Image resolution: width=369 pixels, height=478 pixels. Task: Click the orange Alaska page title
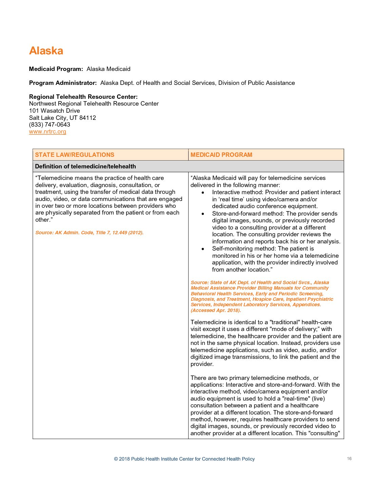46,51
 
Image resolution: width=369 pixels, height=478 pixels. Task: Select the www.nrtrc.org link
47,132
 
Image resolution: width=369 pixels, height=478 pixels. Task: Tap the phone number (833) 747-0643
50,125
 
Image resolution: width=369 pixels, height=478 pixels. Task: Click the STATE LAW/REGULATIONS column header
75,155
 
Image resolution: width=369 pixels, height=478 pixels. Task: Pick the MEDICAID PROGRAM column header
221,155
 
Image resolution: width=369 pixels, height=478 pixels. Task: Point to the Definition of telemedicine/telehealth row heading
85,166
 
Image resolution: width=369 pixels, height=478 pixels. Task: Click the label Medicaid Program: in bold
56,69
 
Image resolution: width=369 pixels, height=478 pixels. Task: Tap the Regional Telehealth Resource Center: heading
83,97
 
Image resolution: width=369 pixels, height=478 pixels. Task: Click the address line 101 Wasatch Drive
55,111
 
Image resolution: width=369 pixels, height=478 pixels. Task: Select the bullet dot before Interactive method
203,192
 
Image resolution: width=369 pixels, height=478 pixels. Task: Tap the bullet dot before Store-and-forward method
203,214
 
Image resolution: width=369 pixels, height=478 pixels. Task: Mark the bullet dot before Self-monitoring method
203,249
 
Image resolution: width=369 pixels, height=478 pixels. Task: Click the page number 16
349,459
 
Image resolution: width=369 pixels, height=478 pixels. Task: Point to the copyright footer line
184,459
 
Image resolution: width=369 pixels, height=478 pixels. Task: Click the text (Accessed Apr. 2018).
216,310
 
